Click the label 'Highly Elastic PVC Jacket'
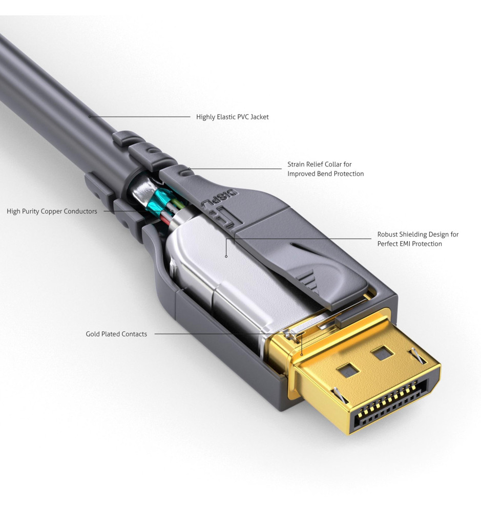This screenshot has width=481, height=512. (x=233, y=117)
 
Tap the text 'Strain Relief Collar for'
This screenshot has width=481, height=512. (x=319, y=164)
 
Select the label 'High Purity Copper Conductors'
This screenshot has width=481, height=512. (x=52, y=211)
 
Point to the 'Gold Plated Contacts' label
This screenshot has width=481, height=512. (x=116, y=334)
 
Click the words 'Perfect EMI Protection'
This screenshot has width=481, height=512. (x=409, y=244)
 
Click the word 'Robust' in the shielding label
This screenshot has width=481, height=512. (x=388, y=234)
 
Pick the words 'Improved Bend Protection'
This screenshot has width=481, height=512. (x=325, y=174)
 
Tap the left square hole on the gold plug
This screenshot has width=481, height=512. (x=348, y=370)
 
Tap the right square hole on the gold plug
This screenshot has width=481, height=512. (x=382, y=353)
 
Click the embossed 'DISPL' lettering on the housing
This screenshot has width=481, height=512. (x=220, y=198)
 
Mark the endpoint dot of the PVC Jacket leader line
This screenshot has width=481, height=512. (x=90, y=117)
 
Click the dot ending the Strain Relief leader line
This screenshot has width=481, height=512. (x=189, y=169)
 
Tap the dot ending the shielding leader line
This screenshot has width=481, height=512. (x=226, y=257)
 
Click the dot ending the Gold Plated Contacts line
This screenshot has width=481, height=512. (x=302, y=355)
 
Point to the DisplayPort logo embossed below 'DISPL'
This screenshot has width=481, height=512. (x=225, y=218)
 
